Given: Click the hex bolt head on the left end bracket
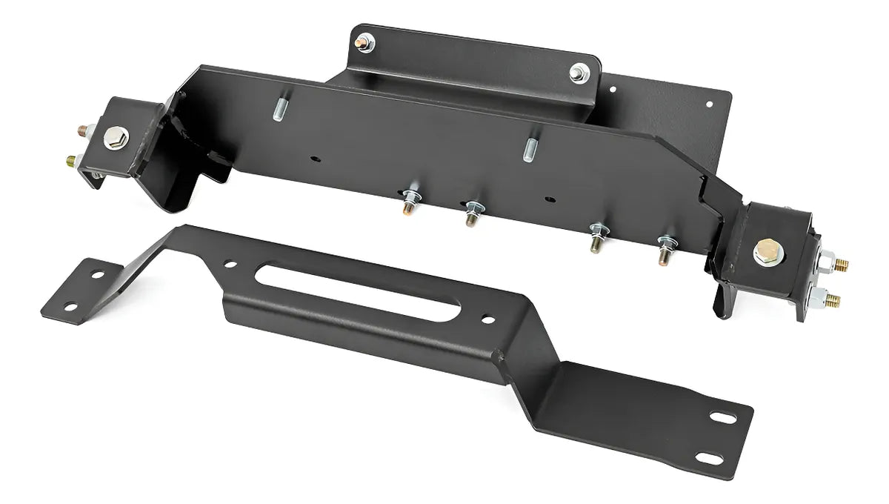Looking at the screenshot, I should [x=117, y=138].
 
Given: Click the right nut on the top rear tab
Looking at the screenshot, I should [x=578, y=73].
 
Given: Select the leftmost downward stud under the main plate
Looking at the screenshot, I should [x=409, y=203].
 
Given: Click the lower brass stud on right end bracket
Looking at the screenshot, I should [x=833, y=299].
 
